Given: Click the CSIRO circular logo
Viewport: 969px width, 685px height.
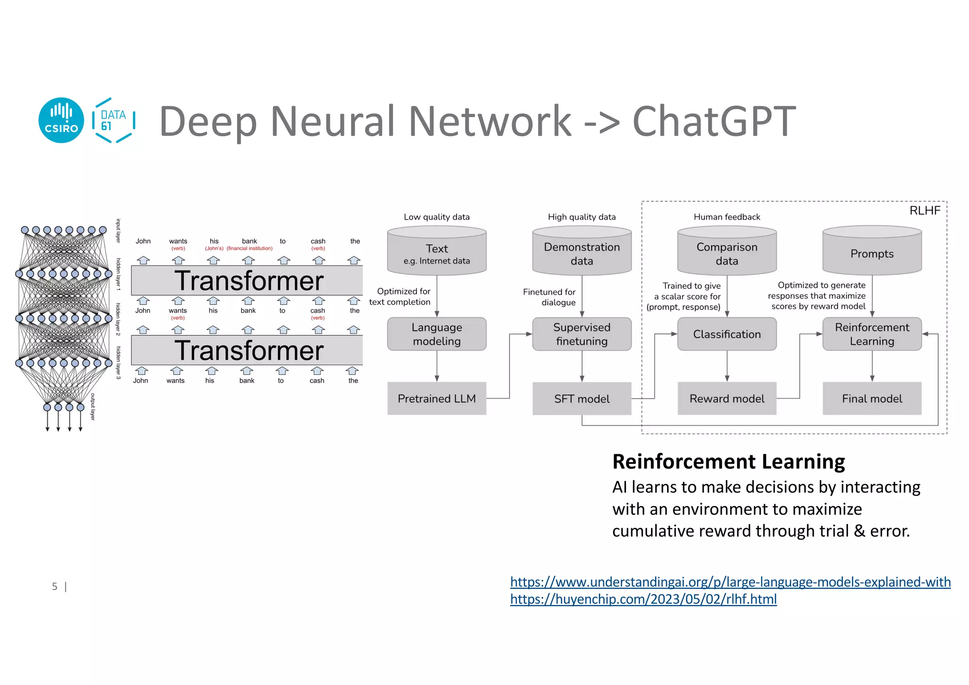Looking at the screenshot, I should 61,120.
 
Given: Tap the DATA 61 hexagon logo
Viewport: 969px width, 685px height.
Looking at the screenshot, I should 114,120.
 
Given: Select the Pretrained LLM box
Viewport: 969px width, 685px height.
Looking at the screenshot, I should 436,399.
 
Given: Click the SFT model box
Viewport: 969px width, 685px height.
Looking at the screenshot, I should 581,399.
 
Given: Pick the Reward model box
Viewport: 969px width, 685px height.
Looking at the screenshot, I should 727,399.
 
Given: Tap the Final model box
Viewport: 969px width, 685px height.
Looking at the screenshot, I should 872,399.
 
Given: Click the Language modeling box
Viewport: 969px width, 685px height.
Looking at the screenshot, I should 436,334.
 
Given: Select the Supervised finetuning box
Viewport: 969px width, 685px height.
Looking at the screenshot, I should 581,334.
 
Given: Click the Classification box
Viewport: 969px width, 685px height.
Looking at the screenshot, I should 727,334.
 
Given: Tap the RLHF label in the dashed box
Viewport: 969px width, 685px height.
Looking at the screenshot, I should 925,211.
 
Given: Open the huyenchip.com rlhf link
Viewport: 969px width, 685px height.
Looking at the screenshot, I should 643,599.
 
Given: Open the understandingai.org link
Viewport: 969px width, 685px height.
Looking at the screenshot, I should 730,582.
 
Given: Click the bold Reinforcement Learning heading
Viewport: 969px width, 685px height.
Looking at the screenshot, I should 728,462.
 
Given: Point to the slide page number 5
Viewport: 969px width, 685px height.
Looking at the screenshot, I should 55,587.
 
